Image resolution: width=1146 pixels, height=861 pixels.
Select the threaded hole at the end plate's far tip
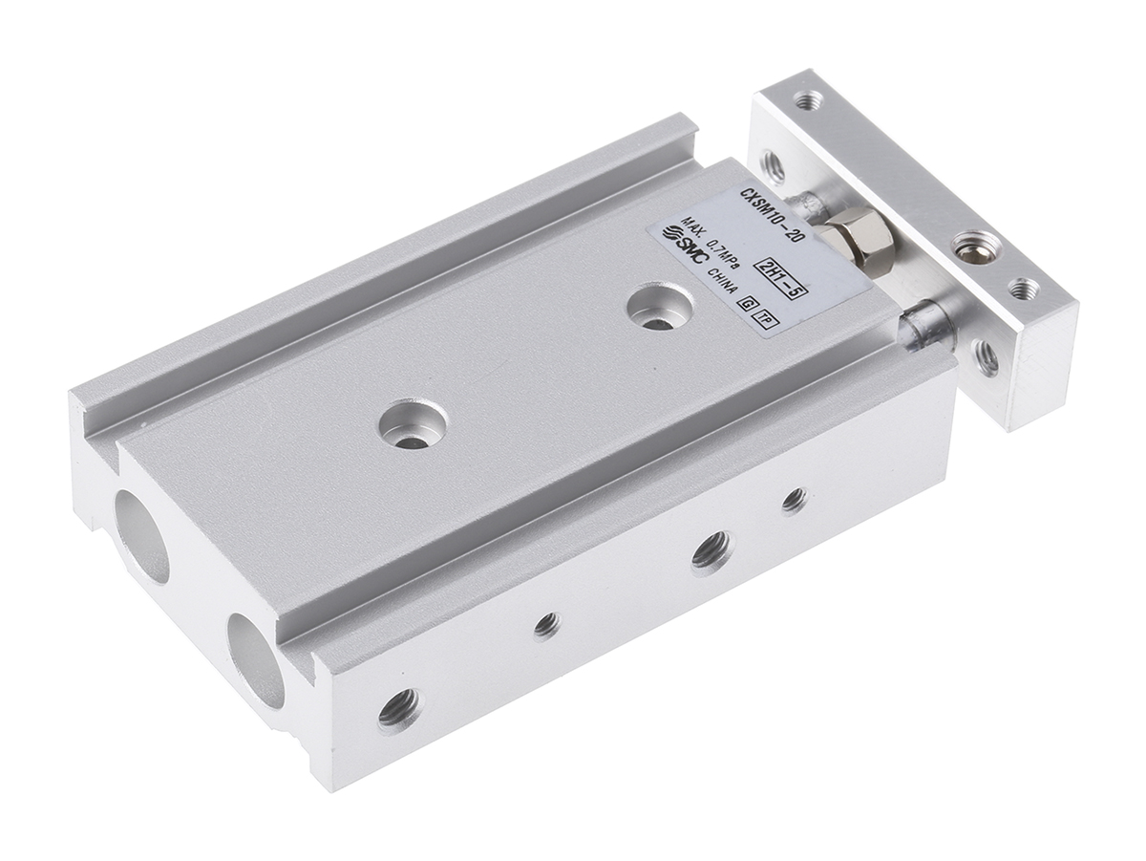tap(808, 98)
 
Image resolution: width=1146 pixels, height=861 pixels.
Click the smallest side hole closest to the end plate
tap(793, 500)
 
